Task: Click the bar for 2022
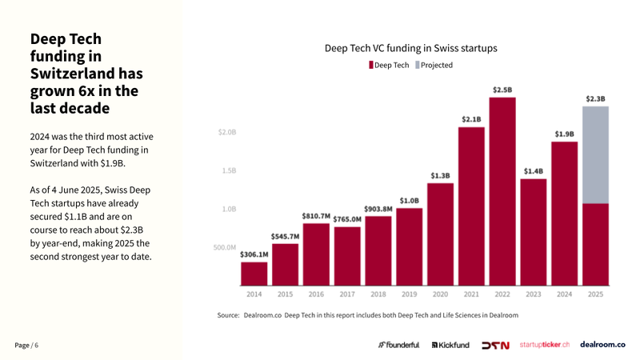(x=502, y=192)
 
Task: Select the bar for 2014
(x=254, y=274)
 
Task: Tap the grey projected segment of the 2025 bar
(x=595, y=155)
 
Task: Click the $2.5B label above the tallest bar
(x=502, y=90)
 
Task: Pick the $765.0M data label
(x=346, y=219)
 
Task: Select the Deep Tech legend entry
(x=389, y=65)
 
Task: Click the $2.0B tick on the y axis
(x=227, y=132)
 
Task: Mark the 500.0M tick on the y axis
(x=224, y=247)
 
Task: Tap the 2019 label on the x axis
(x=409, y=294)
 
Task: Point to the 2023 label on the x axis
(x=534, y=294)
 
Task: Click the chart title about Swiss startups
(x=410, y=48)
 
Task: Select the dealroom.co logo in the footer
(x=602, y=344)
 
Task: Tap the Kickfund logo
(x=450, y=345)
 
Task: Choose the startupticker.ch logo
(x=544, y=345)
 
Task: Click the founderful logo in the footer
(x=398, y=345)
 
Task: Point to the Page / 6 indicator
(x=26, y=345)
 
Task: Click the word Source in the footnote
(x=228, y=315)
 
